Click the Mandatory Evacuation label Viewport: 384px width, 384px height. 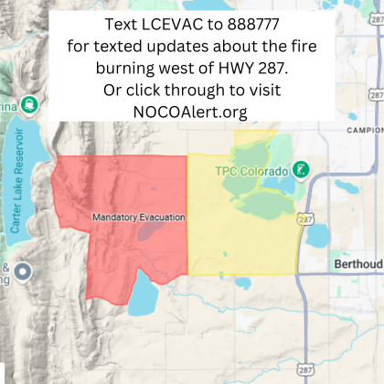pos(139,217)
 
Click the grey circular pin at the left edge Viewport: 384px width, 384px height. pos(23,272)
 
